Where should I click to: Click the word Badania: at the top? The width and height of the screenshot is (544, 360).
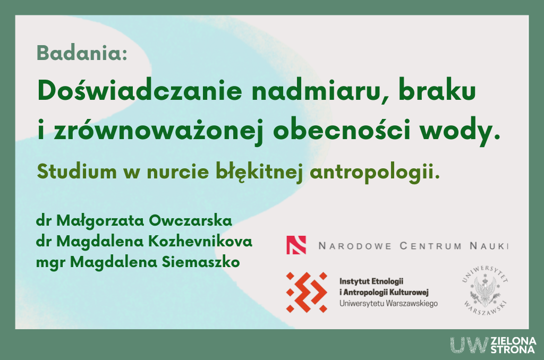coord(82,53)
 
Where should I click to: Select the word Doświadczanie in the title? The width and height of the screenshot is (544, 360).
coord(140,90)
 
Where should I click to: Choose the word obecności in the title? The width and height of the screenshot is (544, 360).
coord(342,130)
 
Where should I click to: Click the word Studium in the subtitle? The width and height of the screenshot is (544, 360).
coord(76,172)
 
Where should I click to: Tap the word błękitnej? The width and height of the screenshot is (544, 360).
coord(259,172)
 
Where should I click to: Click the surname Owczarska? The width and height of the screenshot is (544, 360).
coord(191,220)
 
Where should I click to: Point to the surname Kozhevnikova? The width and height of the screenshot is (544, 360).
coord(200,241)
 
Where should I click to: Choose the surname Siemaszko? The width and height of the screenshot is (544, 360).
coord(200,262)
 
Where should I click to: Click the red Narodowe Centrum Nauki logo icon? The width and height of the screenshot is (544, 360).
coord(296,245)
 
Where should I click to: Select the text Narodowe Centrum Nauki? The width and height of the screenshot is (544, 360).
coord(413,246)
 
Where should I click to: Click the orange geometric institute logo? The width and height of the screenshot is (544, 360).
coord(307,292)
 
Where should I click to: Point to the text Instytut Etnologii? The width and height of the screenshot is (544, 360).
coord(371,281)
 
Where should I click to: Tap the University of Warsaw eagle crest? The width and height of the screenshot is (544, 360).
coord(486,290)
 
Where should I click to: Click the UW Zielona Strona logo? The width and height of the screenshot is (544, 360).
coord(493,345)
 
